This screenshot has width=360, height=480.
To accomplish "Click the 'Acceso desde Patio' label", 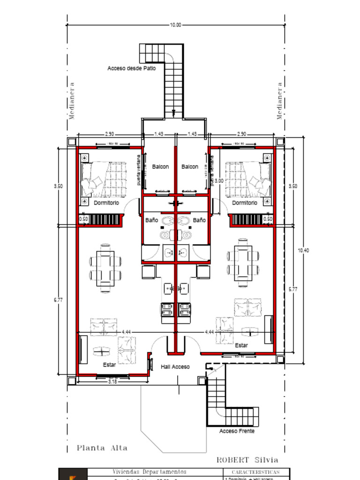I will [x=131, y=68].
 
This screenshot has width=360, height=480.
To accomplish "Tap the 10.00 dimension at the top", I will [x=175, y=25].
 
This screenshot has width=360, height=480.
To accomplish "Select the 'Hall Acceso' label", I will [x=175, y=367].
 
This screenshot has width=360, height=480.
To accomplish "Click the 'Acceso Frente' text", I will [x=237, y=431].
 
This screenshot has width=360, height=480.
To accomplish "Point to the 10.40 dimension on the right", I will [x=303, y=250].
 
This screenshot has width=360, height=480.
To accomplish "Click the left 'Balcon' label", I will [x=160, y=166].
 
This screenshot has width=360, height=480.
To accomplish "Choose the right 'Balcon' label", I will [x=190, y=166].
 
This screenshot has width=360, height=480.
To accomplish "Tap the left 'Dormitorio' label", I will [x=106, y=203].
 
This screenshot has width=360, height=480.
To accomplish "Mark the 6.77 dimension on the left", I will [x=58, y=300].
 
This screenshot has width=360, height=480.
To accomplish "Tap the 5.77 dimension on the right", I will [x=292, y=289].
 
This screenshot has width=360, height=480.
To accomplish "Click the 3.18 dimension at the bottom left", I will [x=112, y=382].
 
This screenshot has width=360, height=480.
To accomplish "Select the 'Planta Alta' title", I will [x=102, y=448].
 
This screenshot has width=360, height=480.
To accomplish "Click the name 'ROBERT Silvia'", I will [x=247, y=460].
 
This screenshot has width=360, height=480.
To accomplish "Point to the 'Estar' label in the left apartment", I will [x=109, y=364].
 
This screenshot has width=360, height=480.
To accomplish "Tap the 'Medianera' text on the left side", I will [x=72, y=101].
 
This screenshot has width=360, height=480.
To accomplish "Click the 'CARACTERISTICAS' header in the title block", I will [x=255, y=472].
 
